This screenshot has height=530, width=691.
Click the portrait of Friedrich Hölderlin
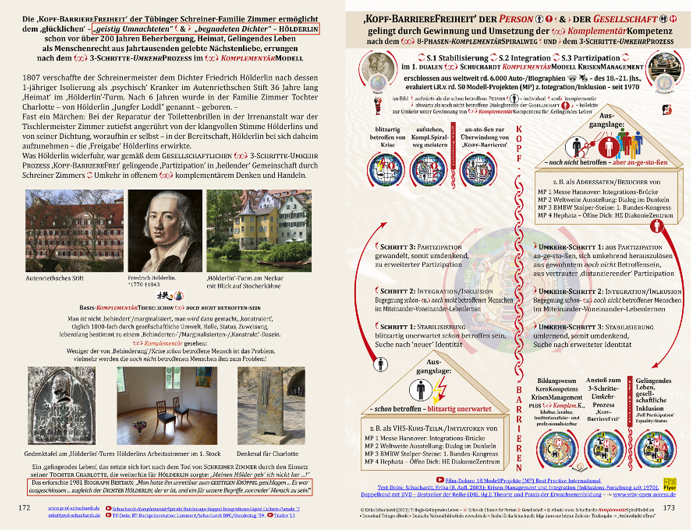coord(165,230)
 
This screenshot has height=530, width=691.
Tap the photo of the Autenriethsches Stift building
coord(74,230)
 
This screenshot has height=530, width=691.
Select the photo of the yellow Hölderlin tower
coord(259,230)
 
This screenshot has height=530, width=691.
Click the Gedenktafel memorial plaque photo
coord(62,406)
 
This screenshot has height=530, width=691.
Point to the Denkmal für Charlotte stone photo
coord(271,406)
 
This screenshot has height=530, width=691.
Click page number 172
coord(24,508)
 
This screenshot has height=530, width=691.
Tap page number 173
coord(669,508)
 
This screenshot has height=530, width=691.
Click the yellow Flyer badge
coord(670,484)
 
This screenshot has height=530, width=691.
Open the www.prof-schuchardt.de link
coord(74,508)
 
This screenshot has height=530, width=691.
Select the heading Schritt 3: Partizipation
coord(420,247)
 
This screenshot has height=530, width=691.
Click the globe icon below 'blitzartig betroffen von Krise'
coord(386,169)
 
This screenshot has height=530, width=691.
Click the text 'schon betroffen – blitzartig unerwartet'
coord(432,409)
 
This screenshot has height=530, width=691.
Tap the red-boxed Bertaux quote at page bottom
coord(170,486)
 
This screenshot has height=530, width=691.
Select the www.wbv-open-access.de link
coord(644,495)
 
